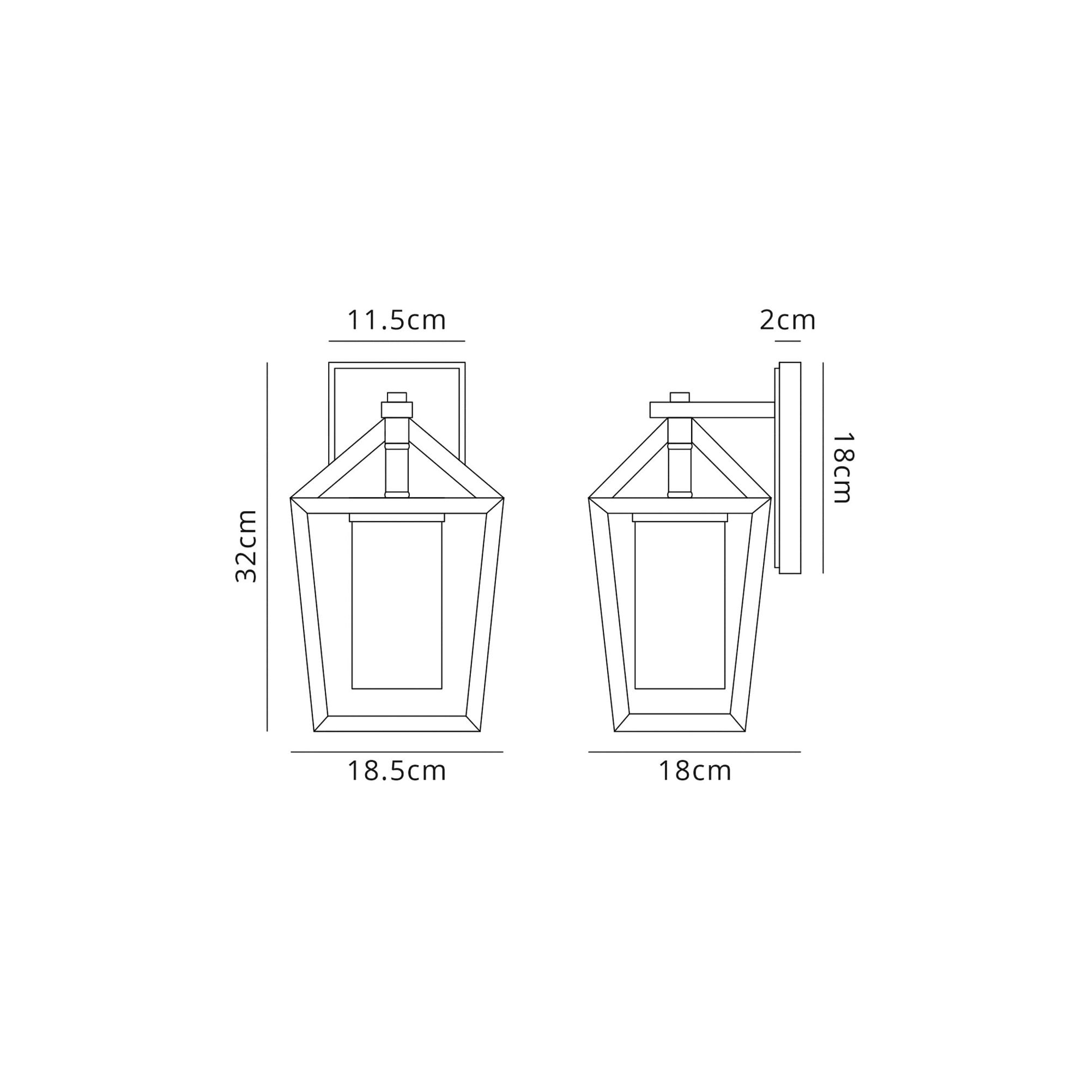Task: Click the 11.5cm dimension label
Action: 396,320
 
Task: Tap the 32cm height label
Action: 246,546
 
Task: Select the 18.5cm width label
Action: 397,771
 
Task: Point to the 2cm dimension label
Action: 788,320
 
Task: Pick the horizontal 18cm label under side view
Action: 694,771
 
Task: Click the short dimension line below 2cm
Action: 788,341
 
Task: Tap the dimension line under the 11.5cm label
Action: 397,341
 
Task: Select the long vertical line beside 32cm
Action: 267,547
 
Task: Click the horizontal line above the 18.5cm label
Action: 397,752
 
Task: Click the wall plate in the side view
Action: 790,468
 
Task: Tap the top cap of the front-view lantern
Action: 397,397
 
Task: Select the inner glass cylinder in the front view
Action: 397,604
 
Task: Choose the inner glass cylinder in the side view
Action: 680,604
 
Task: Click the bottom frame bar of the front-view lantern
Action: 397,724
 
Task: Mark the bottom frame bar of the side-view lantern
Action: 680,723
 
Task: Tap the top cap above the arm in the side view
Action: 680,397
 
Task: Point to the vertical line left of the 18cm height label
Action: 823,468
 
